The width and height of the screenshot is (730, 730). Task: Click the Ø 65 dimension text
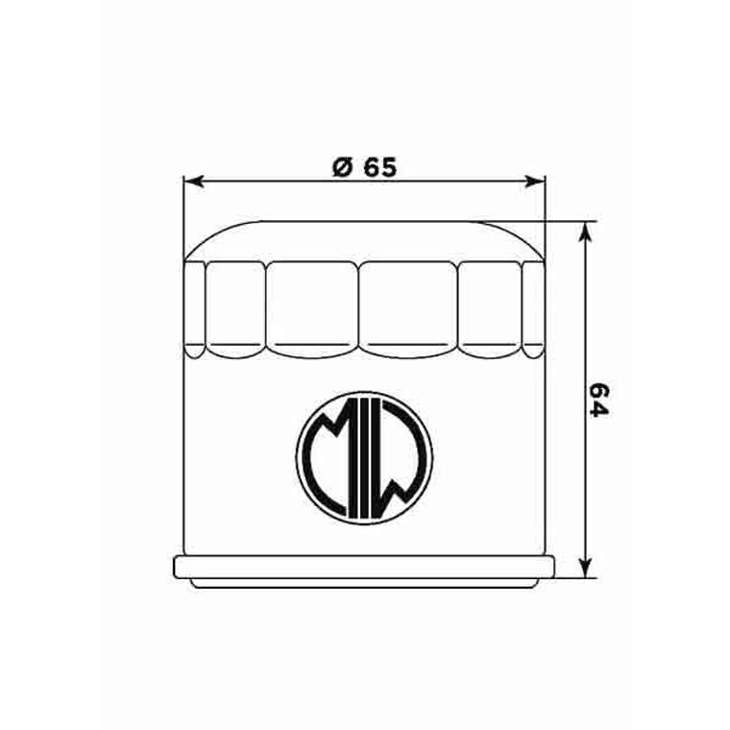(x=363, y=166)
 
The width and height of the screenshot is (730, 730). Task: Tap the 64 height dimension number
(x=599, y=400)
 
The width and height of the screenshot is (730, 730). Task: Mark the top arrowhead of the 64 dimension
(x=584, y=231)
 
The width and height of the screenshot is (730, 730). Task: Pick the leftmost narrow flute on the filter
(x=195, y=307)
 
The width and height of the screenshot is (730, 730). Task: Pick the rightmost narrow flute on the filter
(x=533, y=307)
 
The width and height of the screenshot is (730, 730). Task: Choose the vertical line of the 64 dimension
(x=584, y=317)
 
